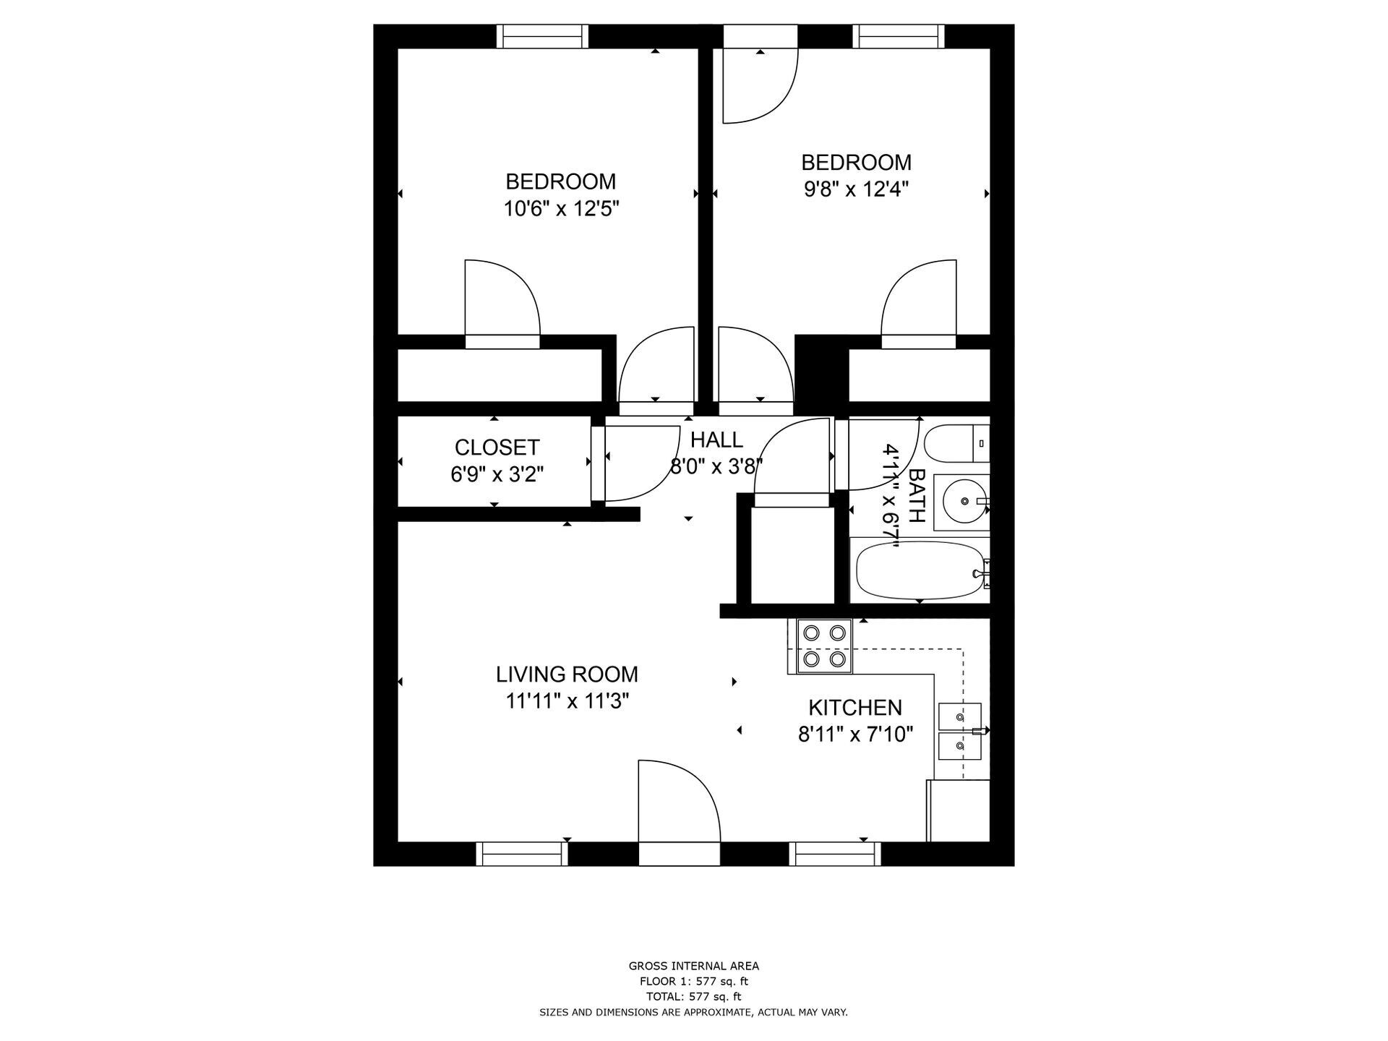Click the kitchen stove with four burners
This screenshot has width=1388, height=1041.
tap(825, 646)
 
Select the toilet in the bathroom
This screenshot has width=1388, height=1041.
tap(954, 444)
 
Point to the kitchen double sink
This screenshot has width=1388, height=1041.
tap(959, 731)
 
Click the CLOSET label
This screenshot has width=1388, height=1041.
tap(497, 447)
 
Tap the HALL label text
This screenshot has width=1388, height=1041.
tap(716, 440)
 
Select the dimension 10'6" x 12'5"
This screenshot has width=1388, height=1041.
tap(561, 209)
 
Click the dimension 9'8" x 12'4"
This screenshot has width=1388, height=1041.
tap(856, 189)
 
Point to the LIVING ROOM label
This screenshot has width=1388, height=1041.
tap(567, 674)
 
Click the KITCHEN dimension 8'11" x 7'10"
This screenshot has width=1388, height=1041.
tap(855, 735)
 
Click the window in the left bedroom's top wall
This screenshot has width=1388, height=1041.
tap(543, 36)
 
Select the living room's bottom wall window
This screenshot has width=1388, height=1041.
tap(522, 854)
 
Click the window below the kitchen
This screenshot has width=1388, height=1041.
tap(835, 854)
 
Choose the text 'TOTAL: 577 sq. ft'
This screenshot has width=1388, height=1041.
tap(693, 997)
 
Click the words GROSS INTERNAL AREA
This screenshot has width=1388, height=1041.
tap(693, 966)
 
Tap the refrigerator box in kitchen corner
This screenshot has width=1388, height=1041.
tap(959, 810)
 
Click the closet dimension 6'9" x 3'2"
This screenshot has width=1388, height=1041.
tap(497, 475)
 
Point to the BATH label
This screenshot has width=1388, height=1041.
tap(916, 495)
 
